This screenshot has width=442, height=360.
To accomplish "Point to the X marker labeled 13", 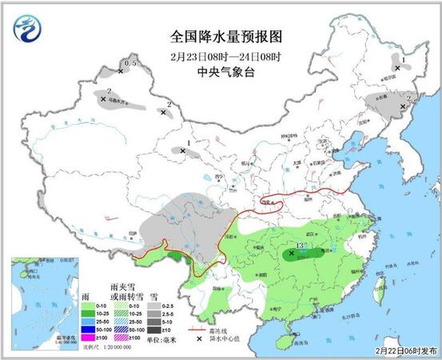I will coord(292,253).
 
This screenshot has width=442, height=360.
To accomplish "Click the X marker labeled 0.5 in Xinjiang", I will coord(121,71).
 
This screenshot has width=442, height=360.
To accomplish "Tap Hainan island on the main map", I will coord(281,338).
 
